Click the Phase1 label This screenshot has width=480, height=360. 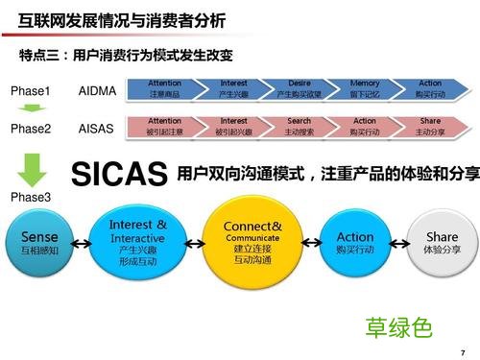coord(31,91)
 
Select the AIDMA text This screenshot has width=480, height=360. coord(97,91)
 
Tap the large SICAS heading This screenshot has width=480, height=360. coord(121,175)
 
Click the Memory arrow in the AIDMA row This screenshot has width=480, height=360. coord(364,89)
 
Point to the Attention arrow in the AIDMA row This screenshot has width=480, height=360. coord(164,89)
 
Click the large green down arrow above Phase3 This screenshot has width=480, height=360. coord(32,169)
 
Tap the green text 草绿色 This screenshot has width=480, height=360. coord(398,327)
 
